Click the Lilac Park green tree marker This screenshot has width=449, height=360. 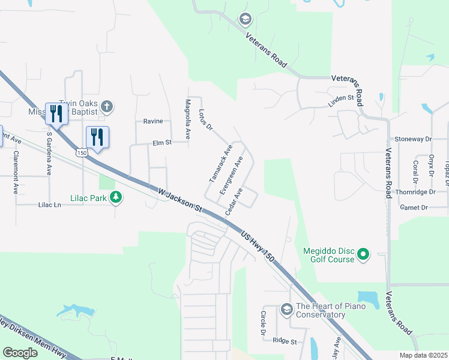116,197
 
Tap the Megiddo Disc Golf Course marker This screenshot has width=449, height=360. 363,256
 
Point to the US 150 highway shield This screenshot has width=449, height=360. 82,152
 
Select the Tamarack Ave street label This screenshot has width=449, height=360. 220,163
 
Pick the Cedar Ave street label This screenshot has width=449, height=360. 234,202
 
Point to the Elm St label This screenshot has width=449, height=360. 162,143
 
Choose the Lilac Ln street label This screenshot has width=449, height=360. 49,205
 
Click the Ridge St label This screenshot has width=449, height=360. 285,341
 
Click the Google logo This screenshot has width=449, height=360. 20,352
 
